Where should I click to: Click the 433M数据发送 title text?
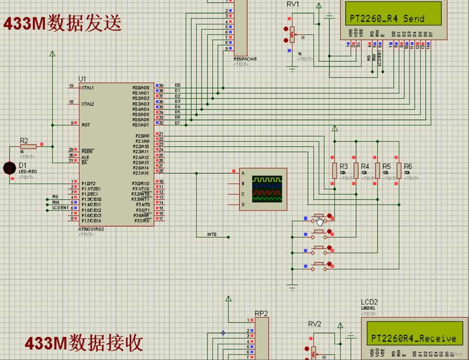[x=63, y=23]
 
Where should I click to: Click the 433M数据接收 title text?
[x=83, y=343]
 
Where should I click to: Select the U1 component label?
[x=82, y=79]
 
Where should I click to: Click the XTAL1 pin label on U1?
[x=87, y=87]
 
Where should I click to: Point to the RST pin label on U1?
[x=85, y=125]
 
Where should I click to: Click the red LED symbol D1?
[x=9, y=168]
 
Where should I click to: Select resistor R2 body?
[x=28, y=146]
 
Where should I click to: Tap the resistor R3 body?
[x=335, y=171]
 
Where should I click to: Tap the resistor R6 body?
[x=399, y=171]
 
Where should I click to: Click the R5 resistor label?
[x=386, y=166]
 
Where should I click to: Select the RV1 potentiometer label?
[x=293, y=5]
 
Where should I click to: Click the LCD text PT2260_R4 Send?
[x=387, y=19]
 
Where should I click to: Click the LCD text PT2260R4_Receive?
[x=413, y=339]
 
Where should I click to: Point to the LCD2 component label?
[x=369, y=302]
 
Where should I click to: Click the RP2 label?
[x=261, y=314]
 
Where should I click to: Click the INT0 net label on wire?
[x=212, y=234]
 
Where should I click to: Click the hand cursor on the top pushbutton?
[x=320, y=221]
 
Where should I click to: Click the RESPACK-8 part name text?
[x=245, y=59]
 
